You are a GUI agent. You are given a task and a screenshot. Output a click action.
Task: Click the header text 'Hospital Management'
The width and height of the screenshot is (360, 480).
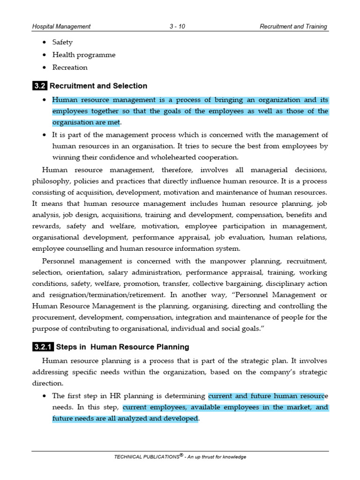pyautogui.click(x=61, y=27)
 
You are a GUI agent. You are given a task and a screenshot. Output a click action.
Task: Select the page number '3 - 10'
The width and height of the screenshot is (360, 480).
pyautogui.click(x=177, y=27)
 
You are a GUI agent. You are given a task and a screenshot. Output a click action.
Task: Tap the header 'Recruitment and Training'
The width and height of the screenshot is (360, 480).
pyautogui.click(x=294, y=27)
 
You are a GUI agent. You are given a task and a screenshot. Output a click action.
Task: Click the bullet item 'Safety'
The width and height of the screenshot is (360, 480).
pyautogui.click(x=62, y=42)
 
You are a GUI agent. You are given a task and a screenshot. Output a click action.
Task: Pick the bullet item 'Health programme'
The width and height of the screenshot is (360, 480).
pyautogui.click(x=83, y=55)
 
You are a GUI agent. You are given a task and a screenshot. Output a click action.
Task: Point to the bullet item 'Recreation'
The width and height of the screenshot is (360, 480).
pyautogui.click(x=70, y=67)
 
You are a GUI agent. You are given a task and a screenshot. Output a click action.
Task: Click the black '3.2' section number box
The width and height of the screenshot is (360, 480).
pyautogui.click(x=39, y=86)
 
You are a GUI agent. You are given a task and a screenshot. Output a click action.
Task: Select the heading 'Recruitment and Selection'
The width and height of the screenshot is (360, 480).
pyautogui.click(x=98, y=86)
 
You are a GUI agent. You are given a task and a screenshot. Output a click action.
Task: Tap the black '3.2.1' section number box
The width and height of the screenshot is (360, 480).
pyautogui.click(x=43, y=347)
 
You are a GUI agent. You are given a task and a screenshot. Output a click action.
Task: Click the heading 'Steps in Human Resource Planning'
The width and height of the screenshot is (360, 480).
pyautogui.click(x=122, y=347)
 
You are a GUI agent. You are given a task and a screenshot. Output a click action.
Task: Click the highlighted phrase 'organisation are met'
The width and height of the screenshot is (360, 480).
pyautogui.click(x=86, y=123)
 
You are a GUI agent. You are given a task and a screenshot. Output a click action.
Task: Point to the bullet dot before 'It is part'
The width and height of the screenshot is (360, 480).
pyautogui.click(x=44, y=135)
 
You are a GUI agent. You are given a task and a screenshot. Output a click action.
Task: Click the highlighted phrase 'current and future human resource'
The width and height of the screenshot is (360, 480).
pyautogui.click(x=268, y=396)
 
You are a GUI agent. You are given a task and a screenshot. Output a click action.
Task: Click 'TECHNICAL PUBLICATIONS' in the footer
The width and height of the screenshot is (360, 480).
pyautogui.click(x=146, y=457)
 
